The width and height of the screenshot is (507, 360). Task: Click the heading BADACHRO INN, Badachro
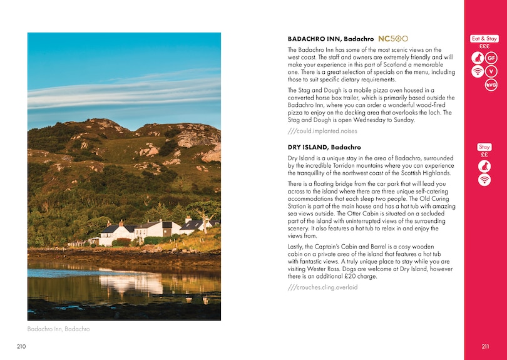point(330,39)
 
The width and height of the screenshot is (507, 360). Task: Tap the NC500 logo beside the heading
point(393,39)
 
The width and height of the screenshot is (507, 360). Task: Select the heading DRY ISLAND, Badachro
point(324,147)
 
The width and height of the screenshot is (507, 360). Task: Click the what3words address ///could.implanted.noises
point(322,131)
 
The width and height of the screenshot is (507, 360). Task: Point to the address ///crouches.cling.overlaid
point(322,287)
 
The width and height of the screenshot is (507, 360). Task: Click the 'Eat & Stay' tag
point(484,39)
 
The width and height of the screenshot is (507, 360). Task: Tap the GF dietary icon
point(491,59)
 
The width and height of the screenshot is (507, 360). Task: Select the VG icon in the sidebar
point(491,85)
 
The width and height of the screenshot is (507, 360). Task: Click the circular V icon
point(491,72)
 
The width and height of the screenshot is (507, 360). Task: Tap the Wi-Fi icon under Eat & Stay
point(478,72)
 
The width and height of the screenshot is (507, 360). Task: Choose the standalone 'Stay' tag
point(484,147)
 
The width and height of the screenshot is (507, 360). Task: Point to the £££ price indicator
point(484,46)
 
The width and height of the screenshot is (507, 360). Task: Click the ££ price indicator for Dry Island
point(484,155)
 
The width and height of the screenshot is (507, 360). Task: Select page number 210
point(22,346)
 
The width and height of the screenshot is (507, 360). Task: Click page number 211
point(485,346)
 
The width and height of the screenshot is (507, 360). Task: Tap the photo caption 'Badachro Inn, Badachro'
point(58,329)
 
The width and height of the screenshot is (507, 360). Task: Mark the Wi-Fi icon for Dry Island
point(484,180)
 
